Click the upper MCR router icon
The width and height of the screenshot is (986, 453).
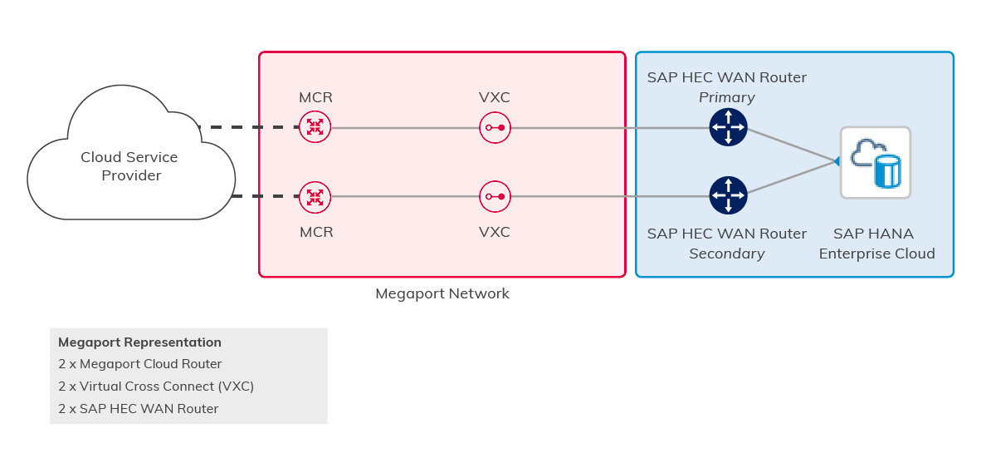coord(315,127)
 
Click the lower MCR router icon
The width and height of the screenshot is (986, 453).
coord(315,197)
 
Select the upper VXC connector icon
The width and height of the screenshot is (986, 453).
coord(495,127)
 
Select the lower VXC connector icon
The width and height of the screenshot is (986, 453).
coord(495,197)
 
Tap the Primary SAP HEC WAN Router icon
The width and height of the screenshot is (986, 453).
coord(728,127)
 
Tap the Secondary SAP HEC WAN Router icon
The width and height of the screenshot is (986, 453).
coord(728,195)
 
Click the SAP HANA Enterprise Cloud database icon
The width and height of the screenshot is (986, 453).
coord(876,162)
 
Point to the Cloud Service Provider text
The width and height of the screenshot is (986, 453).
coord(129,166)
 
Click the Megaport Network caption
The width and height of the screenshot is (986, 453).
coord(442,293)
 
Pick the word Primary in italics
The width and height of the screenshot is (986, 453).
coord(726,97)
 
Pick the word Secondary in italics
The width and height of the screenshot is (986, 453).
coord(726,254)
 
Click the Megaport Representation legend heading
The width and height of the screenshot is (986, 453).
coord(139,342)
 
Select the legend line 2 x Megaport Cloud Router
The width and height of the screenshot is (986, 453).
coord(139,364)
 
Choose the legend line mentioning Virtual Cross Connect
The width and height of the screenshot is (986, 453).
coord(156,387)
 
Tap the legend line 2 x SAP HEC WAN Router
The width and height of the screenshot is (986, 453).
coord(138,408)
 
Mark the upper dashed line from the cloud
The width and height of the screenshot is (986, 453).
coord(248,127)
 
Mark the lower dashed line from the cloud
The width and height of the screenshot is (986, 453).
coord(265,197)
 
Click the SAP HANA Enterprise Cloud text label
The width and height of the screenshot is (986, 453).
coord(876,244)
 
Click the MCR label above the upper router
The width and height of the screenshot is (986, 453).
coord(315,97)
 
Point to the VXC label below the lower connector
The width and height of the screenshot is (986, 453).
coord(495,232)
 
